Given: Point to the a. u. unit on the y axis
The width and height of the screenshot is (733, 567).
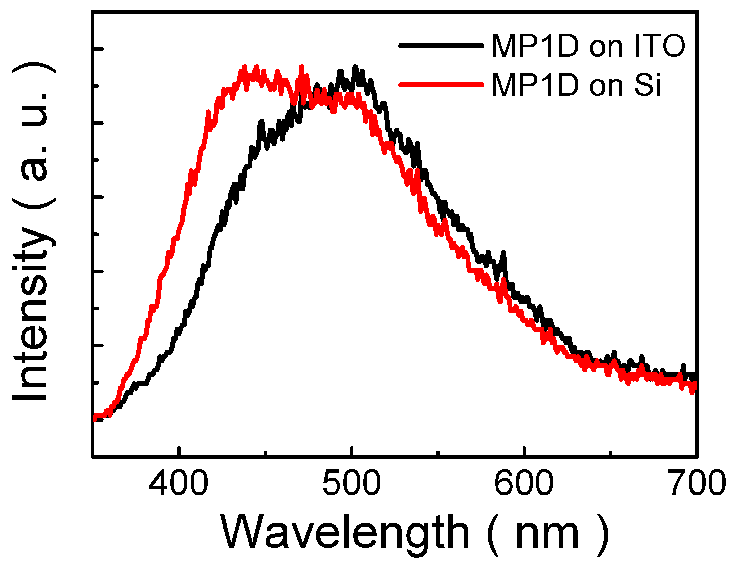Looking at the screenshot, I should pyautogui.click(x=34, y=134).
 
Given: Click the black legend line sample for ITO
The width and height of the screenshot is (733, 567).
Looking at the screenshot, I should pyautogui.click(x=441, y=45).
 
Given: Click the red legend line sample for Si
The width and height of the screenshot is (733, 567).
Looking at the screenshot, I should pyautogui.click(x=441, y=84).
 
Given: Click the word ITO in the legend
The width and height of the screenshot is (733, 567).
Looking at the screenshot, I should pyautogui.click(x=659, y=46).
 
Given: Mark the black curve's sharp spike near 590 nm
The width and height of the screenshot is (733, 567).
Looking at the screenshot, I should pyautogui.click(x=503, y=253).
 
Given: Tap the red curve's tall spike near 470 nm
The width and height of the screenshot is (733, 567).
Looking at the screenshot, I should pyautogui.click(x=301, y=67).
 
